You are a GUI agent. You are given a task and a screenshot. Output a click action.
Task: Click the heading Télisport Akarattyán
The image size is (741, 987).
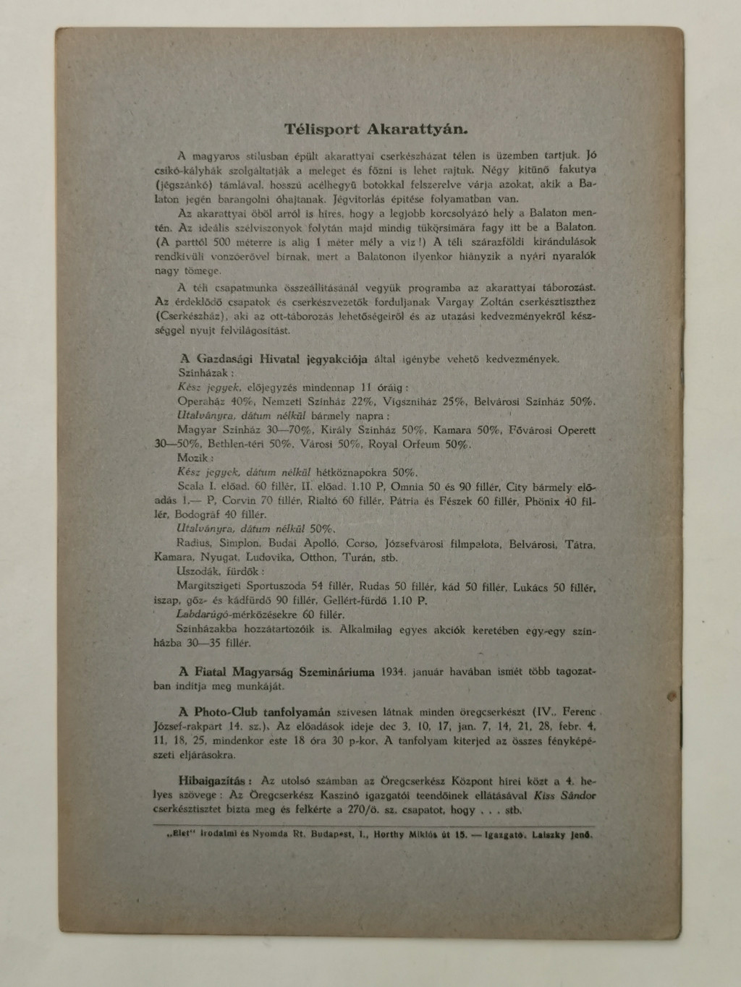[x=376, y=130]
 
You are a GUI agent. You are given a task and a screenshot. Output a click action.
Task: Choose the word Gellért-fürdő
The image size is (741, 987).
[x=358, y=601]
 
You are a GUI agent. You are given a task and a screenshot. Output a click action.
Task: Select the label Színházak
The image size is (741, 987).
[x=206, y=374]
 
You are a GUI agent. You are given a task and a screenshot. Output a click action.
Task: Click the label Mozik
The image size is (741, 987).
[x=195, y=458]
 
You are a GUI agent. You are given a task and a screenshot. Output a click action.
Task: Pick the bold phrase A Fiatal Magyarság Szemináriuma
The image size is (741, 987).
[x=276, y=672]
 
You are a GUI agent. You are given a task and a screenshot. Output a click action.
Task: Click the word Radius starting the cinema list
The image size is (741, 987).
[x=193, y=544]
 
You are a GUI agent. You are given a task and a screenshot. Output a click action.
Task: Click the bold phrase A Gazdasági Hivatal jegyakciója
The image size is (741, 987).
[x=273, y=359]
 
